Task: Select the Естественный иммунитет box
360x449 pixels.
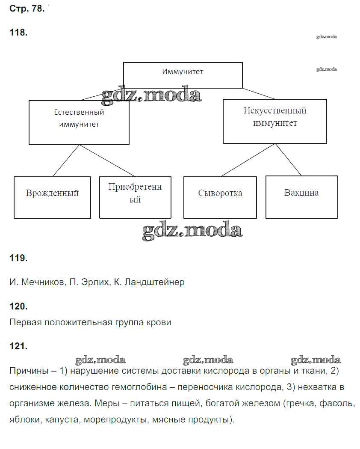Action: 79,122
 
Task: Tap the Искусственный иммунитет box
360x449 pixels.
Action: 275,121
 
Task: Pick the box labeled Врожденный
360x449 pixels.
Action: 52,197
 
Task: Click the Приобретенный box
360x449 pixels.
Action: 135,197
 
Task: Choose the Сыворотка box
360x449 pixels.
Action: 220,197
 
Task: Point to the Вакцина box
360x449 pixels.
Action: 301,197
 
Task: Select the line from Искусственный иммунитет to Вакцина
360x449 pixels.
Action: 289,159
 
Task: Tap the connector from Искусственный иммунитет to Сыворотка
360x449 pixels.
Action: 248,160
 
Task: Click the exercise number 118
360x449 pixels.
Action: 18,33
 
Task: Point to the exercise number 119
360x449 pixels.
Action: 18,258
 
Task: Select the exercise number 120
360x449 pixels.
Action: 18,306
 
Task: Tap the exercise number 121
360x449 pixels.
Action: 18,347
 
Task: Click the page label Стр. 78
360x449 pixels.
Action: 27,9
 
